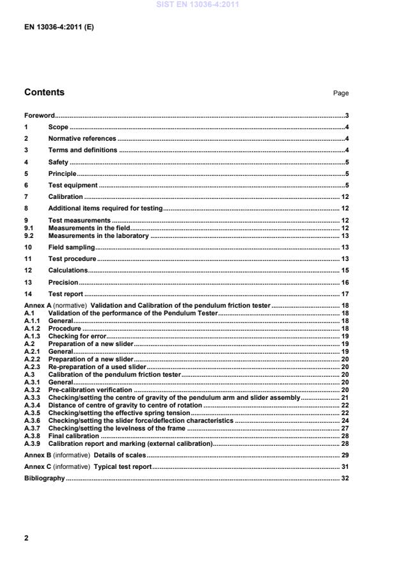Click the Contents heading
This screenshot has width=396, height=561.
[x=44, y=92]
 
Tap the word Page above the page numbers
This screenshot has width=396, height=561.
[x=340, y=93]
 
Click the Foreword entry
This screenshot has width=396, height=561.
[x=40, y=116]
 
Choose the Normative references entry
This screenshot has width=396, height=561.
[x=82, y=138]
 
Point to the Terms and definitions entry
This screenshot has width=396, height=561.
[x=83, y=150]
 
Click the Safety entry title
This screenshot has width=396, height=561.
[x=58, y=162]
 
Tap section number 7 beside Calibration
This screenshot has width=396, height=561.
[x=26, y=196]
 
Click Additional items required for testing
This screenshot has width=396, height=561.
[x=106, y=209]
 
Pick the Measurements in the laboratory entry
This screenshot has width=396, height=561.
[x=99, y=235]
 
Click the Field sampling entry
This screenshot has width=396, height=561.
[x=72, y=247]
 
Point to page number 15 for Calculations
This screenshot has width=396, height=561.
[x=344, y=271]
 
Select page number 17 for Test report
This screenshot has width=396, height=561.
[x=344, y=294]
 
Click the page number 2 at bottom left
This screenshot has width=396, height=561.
[x=26, y=538]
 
